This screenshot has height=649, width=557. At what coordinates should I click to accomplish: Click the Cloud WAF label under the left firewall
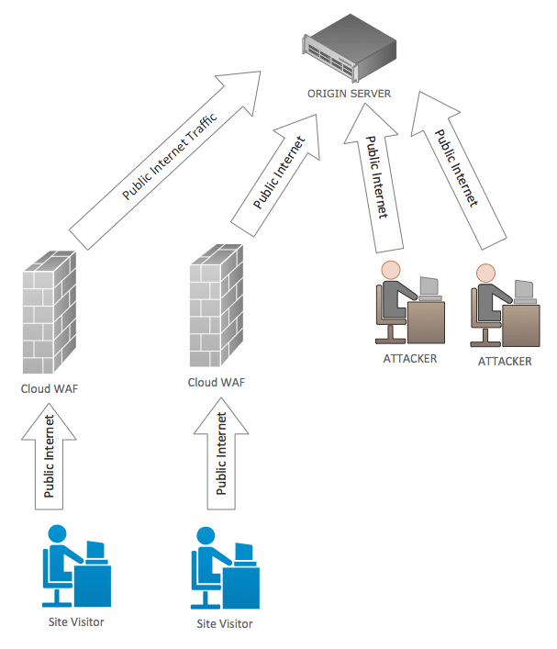pos(50,388)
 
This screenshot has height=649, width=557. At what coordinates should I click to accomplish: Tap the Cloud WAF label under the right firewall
pos(217,382)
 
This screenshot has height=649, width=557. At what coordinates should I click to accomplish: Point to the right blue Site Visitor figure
pos(222,569)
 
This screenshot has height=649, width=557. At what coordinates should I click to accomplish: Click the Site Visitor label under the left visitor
pos(76,622)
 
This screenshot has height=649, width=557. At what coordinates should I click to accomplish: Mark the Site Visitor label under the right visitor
pos(224,624)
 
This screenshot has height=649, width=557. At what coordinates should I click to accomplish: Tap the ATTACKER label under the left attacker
pos(409,358)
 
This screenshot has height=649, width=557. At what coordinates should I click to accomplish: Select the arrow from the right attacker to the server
pos(457,165)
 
